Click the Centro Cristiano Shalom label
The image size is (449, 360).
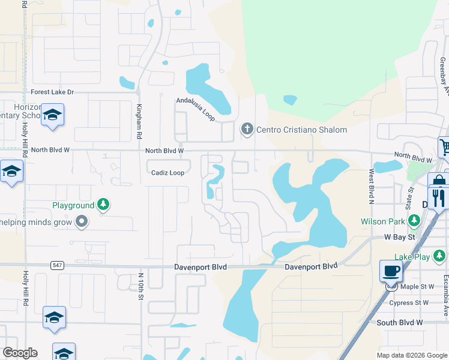click(x=301, y=130)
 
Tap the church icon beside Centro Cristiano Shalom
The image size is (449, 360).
click(x=247, y=129)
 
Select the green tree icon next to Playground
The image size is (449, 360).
click(x=104, y=205)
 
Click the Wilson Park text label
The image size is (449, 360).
click(x=383, y=221)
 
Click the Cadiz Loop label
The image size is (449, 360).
click(x=167, y=172)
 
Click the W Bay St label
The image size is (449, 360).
click(x=400, y=238)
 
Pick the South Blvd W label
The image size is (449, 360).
click(x=400, y=322)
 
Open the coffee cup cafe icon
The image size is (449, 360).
click(x=391, y=270)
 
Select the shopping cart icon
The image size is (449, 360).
click(x=444, y=146)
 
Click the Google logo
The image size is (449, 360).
click(x=20, y=353)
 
